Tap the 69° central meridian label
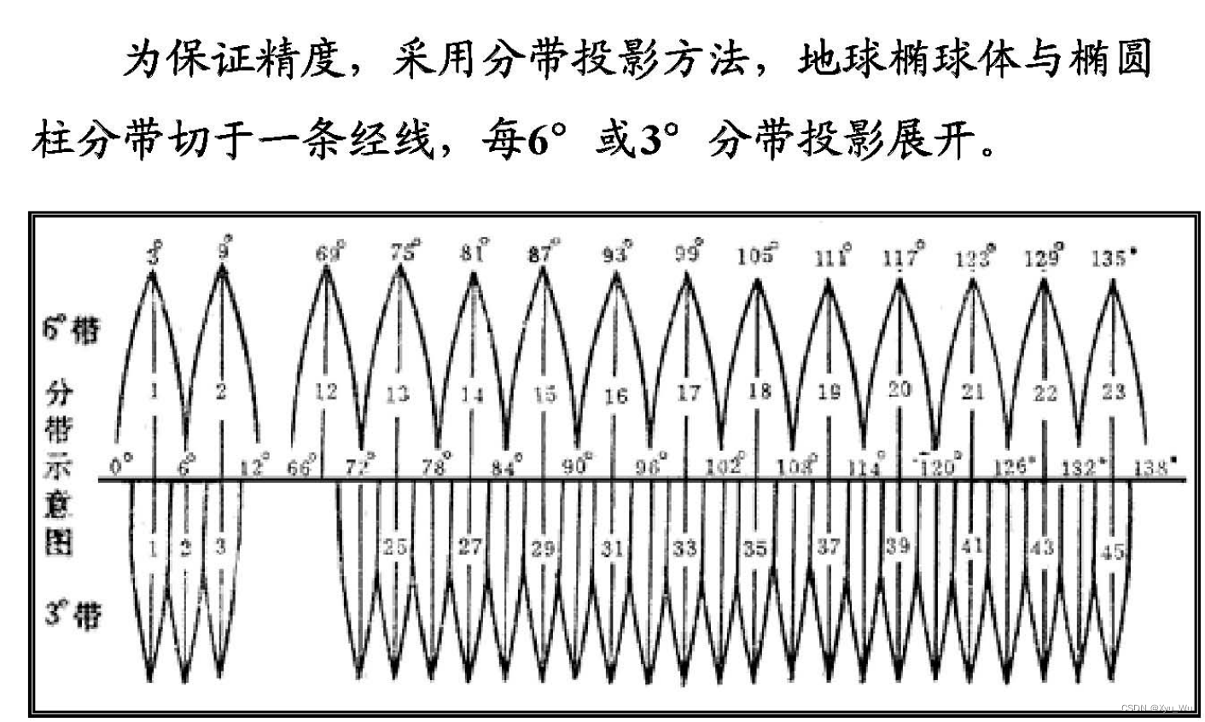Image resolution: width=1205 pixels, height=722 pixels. click(x=329, y=253)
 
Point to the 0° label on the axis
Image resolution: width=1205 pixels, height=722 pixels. click(x=122, y=466)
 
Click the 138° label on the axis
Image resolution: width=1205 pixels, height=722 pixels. click(x=1155, y=466)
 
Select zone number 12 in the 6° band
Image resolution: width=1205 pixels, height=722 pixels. click(x=326, y=392)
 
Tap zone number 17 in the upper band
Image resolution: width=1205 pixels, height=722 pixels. click(x=688, y=393)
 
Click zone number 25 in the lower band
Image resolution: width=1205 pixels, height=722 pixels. click(x=394, y=547)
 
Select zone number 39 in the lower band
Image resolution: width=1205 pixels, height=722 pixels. click(x=897, y=546)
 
